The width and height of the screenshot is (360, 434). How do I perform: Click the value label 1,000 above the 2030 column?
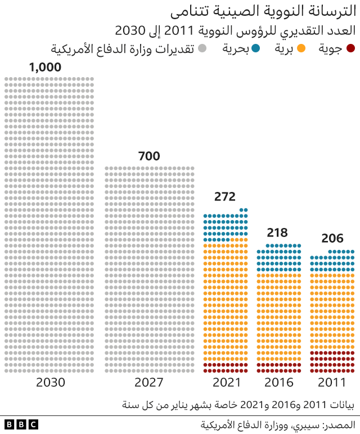(x=45, y=68)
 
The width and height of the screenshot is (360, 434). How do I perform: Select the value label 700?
(x=149, y=156)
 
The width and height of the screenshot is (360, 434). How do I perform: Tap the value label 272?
(x=225, y=197)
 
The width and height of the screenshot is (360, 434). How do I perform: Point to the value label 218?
(x=277, y=232)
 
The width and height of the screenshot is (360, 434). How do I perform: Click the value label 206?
(x=332, y=238)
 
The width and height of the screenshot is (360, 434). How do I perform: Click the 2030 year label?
(x=51, y=383)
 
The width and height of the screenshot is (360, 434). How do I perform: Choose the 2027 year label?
(x=149, y=383)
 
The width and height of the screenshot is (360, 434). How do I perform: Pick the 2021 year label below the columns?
(x=226, y=383)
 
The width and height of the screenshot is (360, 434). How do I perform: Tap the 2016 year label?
(x=279, y=383)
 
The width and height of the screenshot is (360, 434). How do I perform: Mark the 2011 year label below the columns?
(x=332, y=383)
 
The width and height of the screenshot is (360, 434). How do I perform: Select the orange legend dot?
(x=301, y=49)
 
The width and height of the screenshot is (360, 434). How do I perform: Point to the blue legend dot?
(x=256, y=49)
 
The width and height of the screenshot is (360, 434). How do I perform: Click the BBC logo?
(x=21, y=424)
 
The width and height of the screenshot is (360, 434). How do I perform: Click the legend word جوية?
(x=331, y=49)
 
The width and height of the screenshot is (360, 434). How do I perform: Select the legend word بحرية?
(x=236, y=49)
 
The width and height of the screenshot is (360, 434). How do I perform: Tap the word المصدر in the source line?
(x=342, y=424)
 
